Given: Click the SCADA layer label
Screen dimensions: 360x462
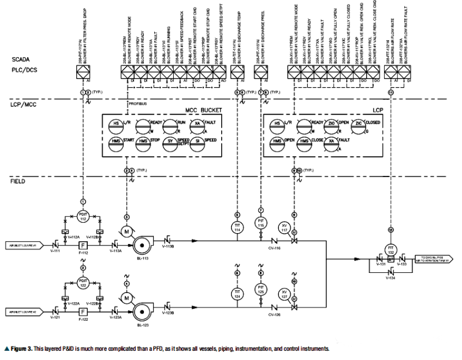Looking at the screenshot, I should tap(20, 59).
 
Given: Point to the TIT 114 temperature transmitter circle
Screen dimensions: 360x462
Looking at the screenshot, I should tap(236, 227).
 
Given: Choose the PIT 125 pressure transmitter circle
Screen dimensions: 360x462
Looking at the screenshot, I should tap(260, 290).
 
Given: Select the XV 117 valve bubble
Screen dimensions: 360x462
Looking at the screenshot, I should tap(284, 227).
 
